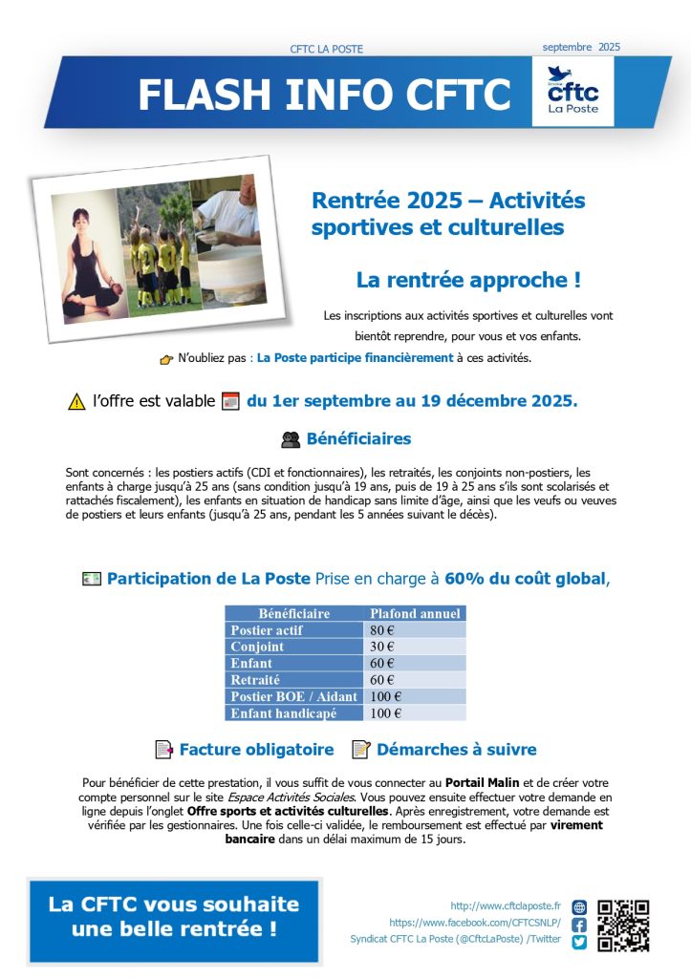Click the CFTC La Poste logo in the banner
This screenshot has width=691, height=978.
[x=572, y=92]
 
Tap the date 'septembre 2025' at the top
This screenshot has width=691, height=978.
[x=581, y=46]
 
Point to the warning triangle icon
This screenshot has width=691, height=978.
[x=77, y=402]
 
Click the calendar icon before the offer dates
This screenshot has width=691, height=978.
[x=230, y=401]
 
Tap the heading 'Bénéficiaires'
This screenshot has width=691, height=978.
[x=358, y=439]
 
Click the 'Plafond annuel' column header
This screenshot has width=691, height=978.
[x=415, y=613]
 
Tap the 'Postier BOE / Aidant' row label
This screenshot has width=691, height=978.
[x=293, y=696]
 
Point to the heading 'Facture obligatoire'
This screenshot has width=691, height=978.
[x=256, y=750]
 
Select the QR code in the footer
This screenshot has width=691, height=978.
[x=623, y=925]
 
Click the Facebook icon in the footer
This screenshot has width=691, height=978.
[x=579, y=925]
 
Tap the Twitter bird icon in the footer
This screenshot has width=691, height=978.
[x=579, y=942]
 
